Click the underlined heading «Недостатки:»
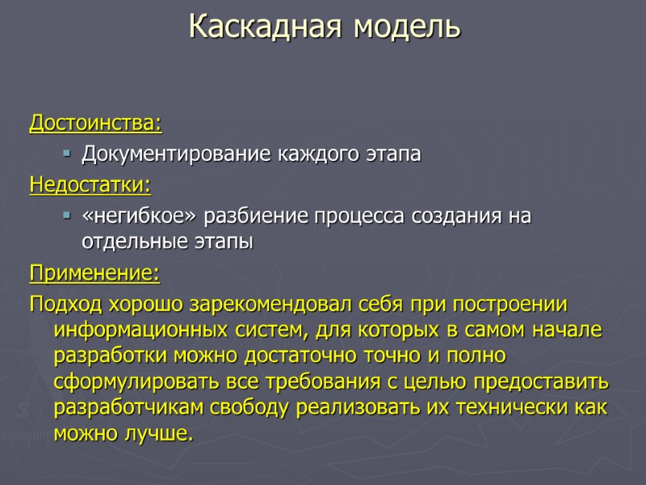click(x=90, y=185)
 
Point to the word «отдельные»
click(x=129, y=242)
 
